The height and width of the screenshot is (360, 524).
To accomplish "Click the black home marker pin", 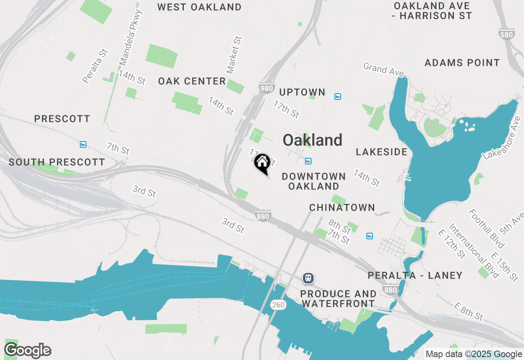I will [262, 162].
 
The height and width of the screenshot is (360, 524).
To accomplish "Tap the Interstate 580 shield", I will [506, 34].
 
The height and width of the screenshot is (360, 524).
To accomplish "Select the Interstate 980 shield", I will [266, 88].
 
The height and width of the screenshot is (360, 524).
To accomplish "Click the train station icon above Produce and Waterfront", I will [308, 278].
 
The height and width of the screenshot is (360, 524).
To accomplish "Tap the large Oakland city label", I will [312, 140].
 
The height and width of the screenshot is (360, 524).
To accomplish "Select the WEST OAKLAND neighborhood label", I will [199, 7].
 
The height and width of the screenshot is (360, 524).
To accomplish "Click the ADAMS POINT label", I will [462, 63].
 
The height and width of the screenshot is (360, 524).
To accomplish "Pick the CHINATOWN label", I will [342, 207].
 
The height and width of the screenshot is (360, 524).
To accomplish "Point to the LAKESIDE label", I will [382, 152].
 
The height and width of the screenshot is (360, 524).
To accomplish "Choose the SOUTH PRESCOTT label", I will [57, 162].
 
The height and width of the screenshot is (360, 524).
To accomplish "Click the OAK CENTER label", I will [192, 81].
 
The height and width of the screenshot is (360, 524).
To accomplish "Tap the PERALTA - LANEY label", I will [415, 275].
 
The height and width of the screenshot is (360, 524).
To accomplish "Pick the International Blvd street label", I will [474, 250].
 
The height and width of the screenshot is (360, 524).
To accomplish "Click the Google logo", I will [27, 351].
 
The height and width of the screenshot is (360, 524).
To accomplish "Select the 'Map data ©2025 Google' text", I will [474, 354].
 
